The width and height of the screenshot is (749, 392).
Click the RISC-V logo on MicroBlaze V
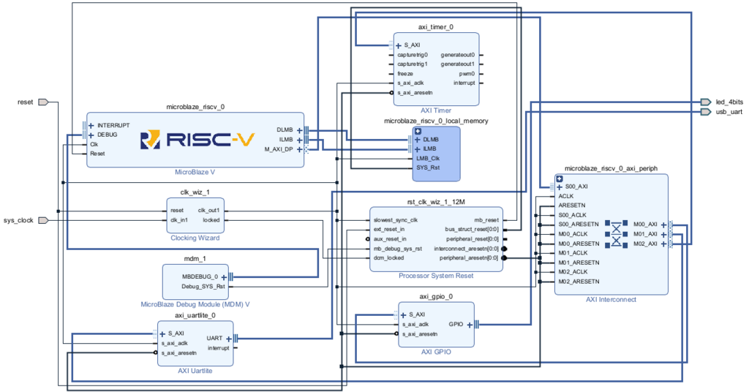pos(196,139)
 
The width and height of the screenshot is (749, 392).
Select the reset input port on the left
pos(42,102)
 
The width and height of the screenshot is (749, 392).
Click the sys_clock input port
pos(42,220)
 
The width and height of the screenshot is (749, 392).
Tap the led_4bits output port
pos(705,102)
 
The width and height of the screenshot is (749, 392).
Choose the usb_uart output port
pos(705,112)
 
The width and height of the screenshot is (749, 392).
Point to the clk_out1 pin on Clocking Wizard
pos(209,210)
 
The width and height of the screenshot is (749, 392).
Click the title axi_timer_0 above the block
pos(436,27)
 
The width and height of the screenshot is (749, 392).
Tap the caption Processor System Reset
pos(435,276)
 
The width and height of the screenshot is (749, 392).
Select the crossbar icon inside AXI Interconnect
pos(616,234)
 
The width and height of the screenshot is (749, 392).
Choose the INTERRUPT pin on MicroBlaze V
pos(113,126)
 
